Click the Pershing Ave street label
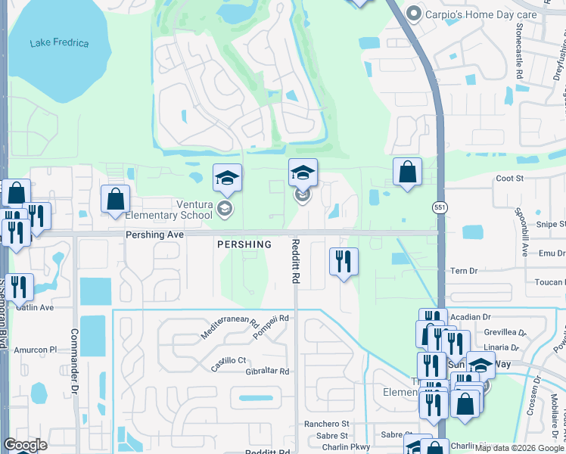154,235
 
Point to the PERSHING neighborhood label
244,244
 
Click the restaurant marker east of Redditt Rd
344,262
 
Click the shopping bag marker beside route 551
407,172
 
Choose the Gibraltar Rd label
263,372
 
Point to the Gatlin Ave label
36,308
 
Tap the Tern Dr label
464,271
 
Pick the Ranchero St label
327,424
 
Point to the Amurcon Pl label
37,350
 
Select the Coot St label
509,179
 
